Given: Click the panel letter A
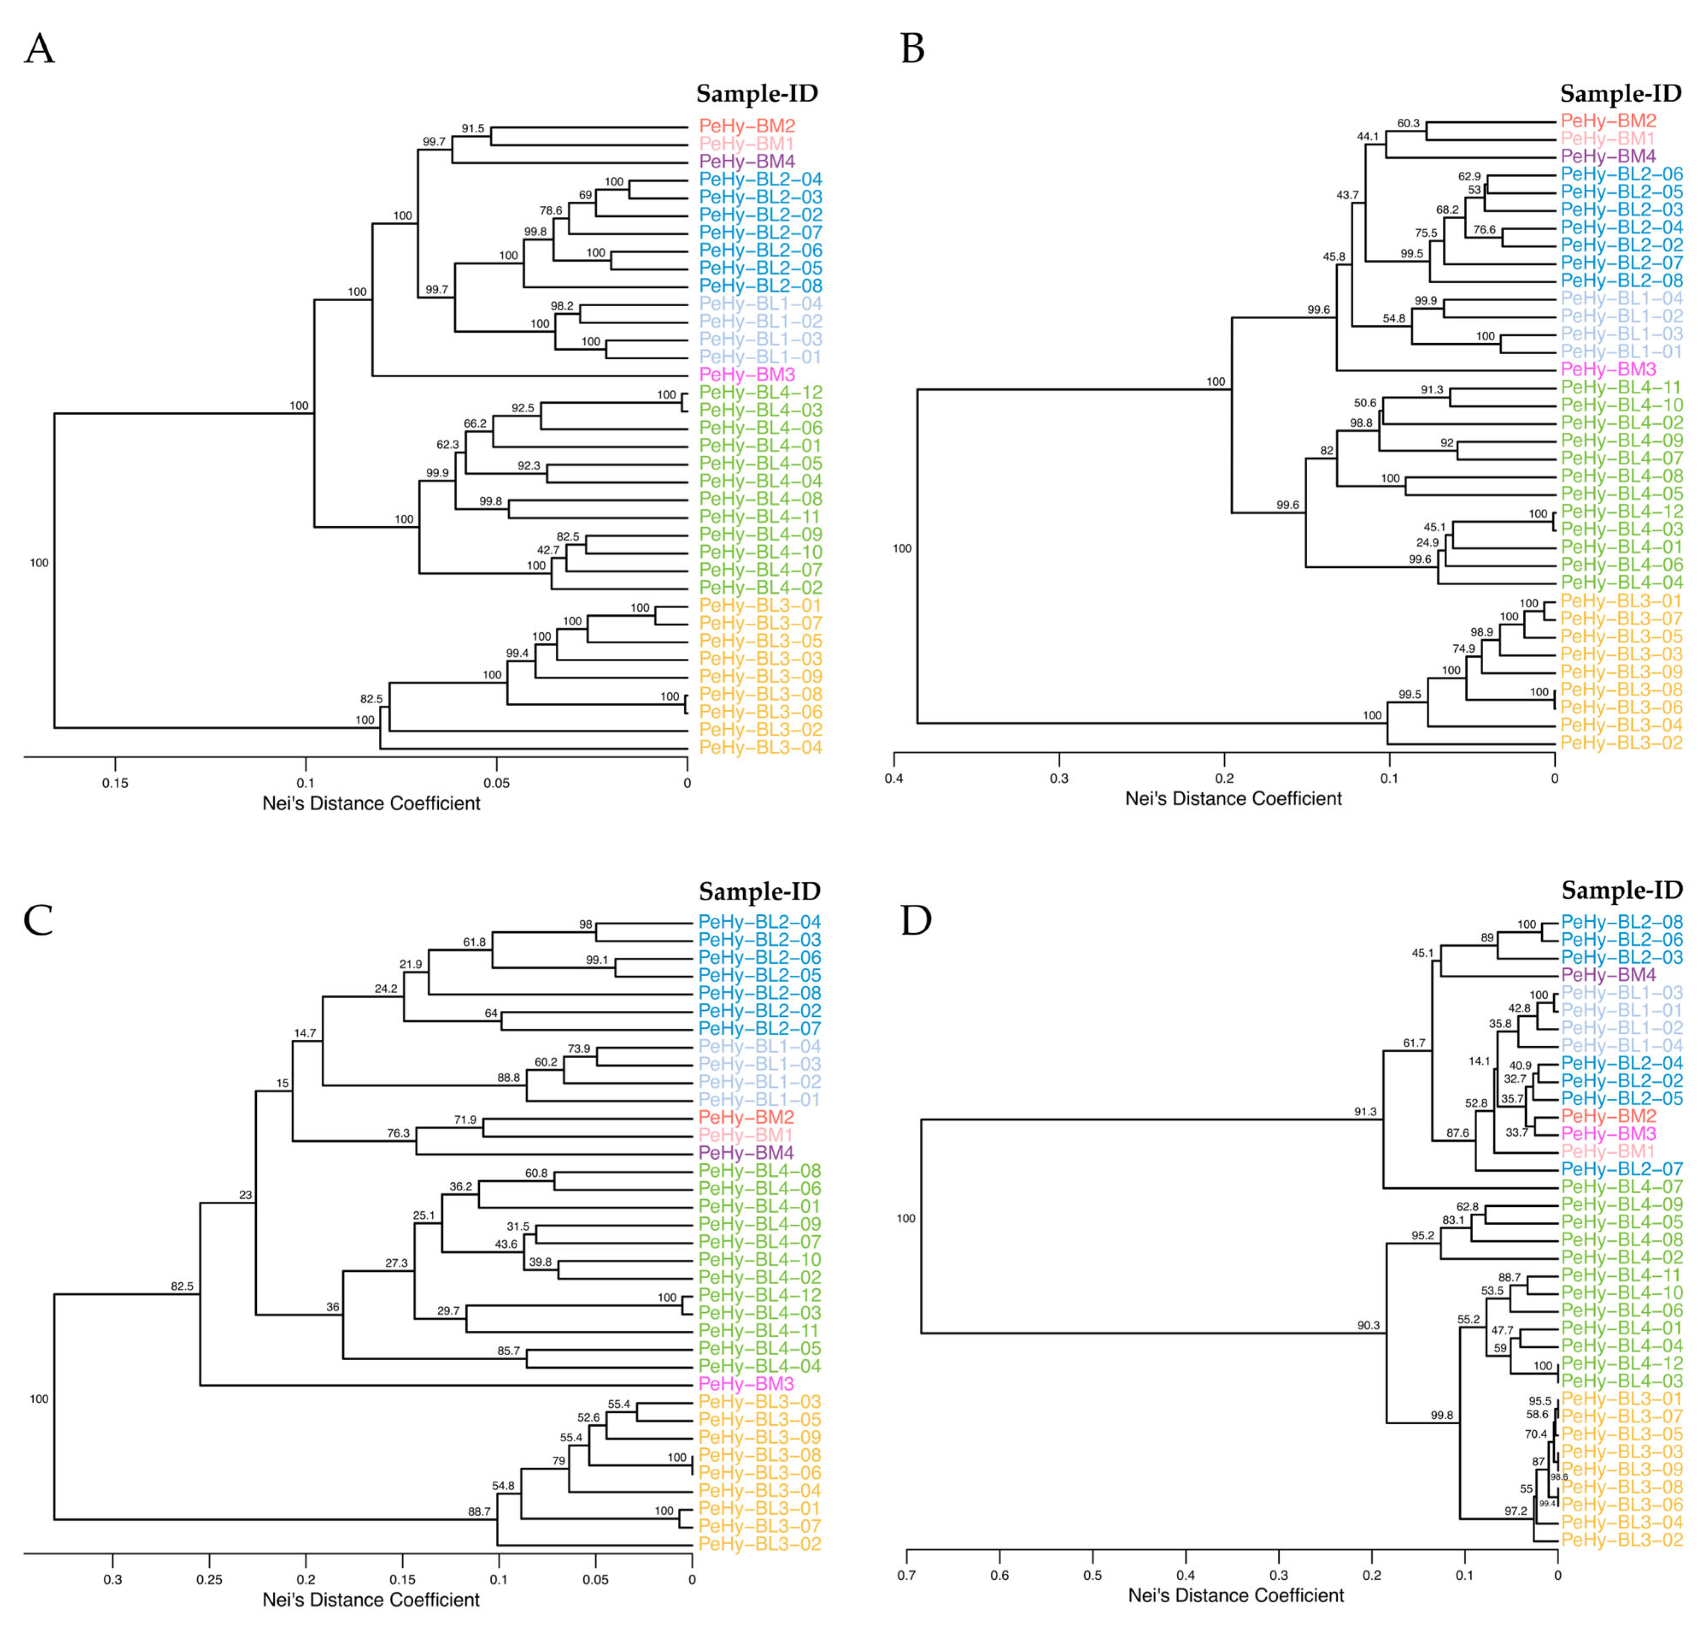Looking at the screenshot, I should click(39, 50).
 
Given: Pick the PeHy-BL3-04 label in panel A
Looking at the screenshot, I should click(760, 748).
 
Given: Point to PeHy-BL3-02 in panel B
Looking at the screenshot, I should click(1621, 743).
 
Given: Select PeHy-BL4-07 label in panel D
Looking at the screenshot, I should click(1621, 1187).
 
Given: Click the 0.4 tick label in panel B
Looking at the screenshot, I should click(894, 778).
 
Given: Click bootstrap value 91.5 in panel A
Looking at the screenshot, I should click(473, 129).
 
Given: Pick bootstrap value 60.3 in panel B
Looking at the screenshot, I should click(1408, 123).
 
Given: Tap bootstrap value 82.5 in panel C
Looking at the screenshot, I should click(182, 1286).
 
